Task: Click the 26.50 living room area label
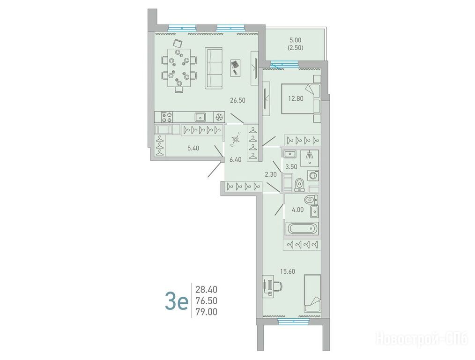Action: [x=237, y=100]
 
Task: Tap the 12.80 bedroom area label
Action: [x=296, y=98]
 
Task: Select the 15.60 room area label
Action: [x=288, y=271]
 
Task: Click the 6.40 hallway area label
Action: [x=235, y=160]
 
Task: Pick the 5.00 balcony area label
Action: [x=296, y=40]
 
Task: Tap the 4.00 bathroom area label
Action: [x=298, y=210]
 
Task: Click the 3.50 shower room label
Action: [x=291, y=166]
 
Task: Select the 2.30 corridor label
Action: [x=270, y=174]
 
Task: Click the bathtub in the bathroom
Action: [x=303, y=228]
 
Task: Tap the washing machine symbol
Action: [x=313, y=175]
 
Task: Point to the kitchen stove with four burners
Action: [x=167, y=117]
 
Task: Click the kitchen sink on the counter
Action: [x=200, y=117]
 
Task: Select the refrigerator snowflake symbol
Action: [x=219, y=117]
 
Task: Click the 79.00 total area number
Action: [x=206, y=312]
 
